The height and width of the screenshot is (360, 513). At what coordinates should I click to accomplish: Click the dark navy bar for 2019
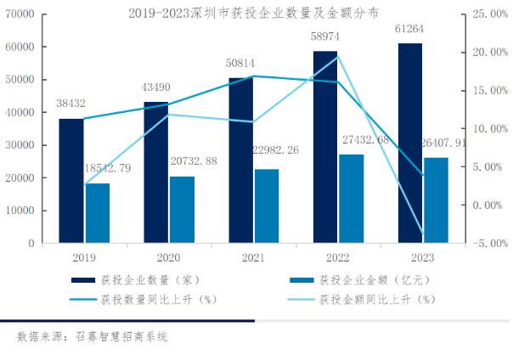71,181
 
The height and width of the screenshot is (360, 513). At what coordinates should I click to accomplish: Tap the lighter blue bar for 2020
182,210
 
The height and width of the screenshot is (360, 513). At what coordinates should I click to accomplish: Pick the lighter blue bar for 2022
351,199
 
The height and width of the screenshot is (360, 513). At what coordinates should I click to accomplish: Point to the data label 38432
72,104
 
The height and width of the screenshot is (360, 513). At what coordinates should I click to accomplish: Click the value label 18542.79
108,169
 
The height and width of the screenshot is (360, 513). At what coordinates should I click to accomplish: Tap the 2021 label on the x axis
253,257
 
